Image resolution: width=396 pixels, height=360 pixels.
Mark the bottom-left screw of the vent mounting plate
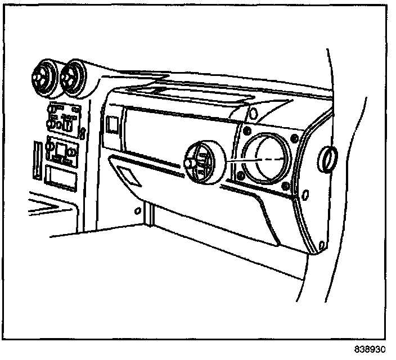point(241,176)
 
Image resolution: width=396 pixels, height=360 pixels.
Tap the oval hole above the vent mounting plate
point(253,113)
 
